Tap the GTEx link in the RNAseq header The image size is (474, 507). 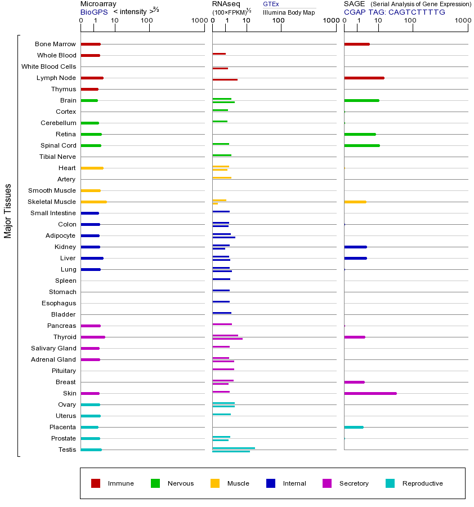(271, 4)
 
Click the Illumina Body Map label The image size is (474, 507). (289, 12)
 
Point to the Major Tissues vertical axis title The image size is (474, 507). (8, 211)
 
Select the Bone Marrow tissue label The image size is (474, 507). (55, 44)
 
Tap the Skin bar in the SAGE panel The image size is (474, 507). (370, 393)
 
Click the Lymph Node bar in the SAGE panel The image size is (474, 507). (364, 78)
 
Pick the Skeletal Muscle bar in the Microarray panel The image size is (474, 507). (93, 202)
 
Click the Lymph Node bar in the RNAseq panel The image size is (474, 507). (225, 79)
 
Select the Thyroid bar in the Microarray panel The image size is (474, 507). (93, 337)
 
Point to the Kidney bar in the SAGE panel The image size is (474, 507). (355, 247)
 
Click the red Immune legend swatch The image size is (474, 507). (96, 483)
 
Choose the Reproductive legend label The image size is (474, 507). (422, 483)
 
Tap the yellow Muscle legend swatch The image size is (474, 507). (215, 483)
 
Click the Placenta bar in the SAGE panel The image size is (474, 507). (354, 427)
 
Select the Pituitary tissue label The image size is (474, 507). (64, 371)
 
